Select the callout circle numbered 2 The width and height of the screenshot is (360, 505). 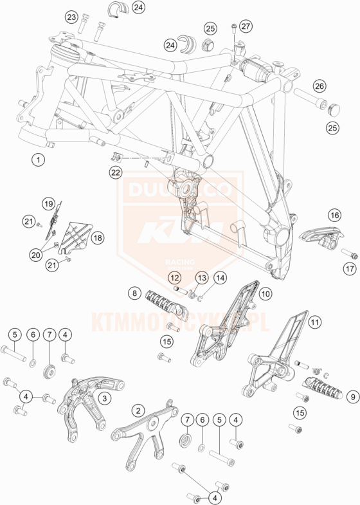[x=138, y=410]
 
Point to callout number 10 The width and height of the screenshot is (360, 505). [x=265, y=293]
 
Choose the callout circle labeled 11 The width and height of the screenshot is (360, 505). [x=314, y=321]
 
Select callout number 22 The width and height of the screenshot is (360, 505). [x=115, y=172]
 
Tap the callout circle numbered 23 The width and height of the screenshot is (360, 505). [x=71, y=17]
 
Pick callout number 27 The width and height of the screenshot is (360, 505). [x=245, y=26]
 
